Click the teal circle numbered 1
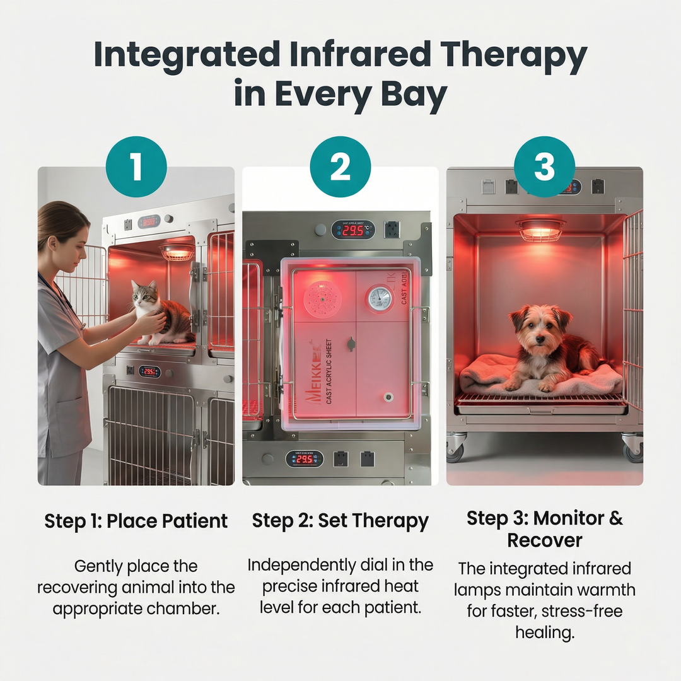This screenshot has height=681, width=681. [136, 167]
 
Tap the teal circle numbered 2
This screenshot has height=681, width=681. [340, 167]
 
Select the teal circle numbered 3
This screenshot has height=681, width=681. [544, 167]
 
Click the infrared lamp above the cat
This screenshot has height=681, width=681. [177, 252]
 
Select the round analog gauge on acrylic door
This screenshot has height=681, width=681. [380, 298]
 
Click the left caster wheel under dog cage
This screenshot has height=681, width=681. [455, 449]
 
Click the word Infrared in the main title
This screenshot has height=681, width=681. [361, 55]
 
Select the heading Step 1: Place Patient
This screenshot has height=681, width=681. [136, 521]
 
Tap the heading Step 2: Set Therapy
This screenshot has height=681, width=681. [340, 521]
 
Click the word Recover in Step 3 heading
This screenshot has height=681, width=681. [545, 540]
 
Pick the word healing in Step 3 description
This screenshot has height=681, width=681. [545, 632]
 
